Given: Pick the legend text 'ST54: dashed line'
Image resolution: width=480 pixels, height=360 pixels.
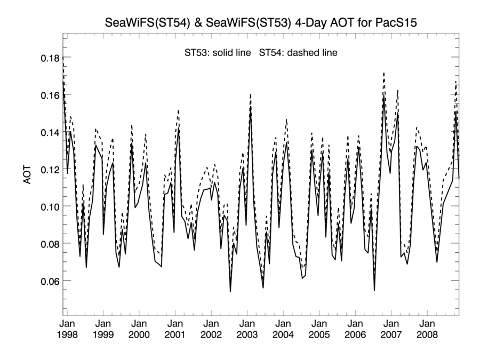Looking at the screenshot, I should coord(299,53).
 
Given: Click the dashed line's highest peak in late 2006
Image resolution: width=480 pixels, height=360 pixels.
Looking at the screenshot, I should coord(383,73).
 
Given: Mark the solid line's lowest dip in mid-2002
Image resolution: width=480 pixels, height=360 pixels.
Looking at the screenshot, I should coord(230,291).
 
